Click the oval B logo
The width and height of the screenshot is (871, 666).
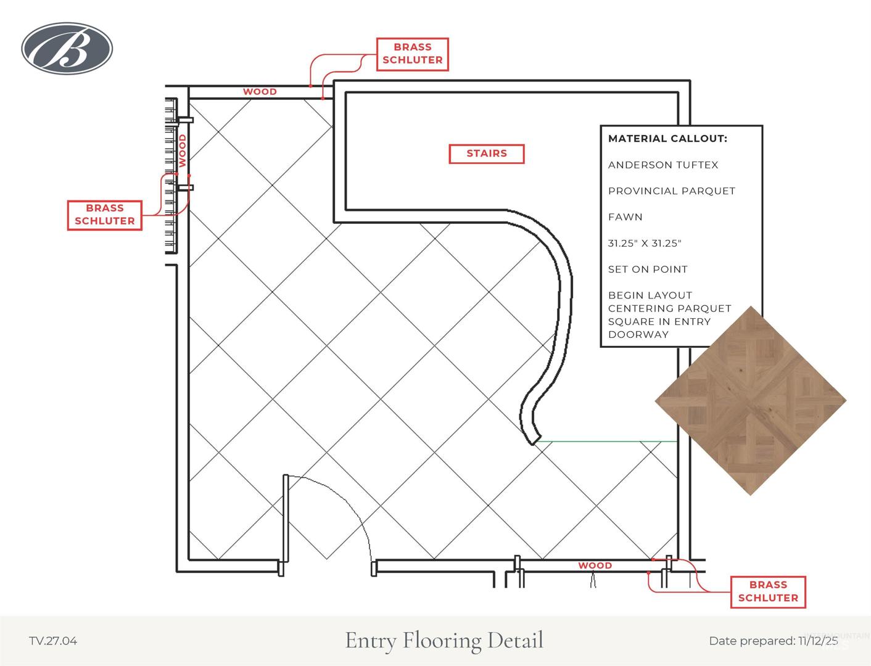(67, 48)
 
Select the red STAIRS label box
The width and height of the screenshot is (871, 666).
(487, 154)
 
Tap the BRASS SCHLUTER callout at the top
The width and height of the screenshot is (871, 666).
(412, 54)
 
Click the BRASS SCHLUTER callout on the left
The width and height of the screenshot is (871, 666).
(105, 215)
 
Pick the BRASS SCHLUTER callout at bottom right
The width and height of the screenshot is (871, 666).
(768, 591)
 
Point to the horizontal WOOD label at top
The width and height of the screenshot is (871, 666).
(260, 92)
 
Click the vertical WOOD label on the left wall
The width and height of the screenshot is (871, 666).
(182, 150)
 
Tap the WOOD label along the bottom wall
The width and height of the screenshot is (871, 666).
(595, 565)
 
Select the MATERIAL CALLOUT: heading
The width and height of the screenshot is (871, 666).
(667, 138)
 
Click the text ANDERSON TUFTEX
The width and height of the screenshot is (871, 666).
(663, 165)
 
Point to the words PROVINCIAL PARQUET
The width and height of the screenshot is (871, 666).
(671, 191)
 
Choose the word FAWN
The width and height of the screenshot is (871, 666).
(625, 217)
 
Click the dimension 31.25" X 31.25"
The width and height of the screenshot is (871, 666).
(645, 243)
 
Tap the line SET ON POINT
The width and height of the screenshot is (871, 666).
(648, 269)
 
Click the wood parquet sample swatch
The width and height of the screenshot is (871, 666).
(750, 401)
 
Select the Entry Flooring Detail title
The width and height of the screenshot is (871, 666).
(444, 640)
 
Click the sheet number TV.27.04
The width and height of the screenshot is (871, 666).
(53, 641)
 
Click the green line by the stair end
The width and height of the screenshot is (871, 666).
(608, 441)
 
